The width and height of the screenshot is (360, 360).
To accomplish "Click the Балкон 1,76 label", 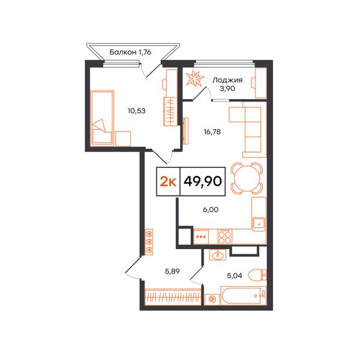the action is coord(130,52).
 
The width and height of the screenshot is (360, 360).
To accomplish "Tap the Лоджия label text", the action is coord(227,80).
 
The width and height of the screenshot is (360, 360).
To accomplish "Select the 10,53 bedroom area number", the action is coord(137,111).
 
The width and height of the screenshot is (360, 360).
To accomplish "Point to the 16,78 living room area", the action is coord(212,132).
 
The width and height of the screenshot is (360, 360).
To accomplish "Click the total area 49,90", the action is coord(203,181).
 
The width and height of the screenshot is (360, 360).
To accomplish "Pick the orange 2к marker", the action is coord(168,182).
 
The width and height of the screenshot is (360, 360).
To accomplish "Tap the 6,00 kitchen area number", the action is coord(211,209).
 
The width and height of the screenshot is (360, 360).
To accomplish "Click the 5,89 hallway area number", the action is coord(172,271).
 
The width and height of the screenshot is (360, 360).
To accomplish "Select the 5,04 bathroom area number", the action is coord(235,275).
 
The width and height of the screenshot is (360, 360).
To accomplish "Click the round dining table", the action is coord(247,178).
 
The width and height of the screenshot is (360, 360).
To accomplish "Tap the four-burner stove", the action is coord(225,236).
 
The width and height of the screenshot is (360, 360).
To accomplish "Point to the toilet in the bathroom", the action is coord(258,274).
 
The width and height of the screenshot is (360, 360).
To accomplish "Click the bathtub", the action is coord(244,296).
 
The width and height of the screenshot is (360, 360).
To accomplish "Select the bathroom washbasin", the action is coord(218,255).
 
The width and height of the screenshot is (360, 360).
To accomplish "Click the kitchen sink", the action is coord(259,224).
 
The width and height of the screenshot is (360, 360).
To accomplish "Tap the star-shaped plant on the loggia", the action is coord(194,78).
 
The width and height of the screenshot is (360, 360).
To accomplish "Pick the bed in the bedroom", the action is coord(102,118).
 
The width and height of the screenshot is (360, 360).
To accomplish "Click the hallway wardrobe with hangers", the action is coord(173,297).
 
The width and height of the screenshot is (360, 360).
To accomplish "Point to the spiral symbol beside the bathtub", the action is coord(212,299).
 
